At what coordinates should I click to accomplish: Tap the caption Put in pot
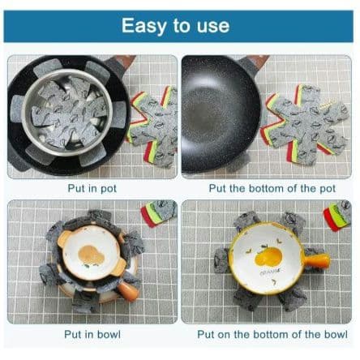(92, 189)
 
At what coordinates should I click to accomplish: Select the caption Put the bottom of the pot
(272, 188)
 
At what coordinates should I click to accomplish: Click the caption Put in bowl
(92, 334)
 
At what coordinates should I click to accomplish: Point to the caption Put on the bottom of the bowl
(272, 334)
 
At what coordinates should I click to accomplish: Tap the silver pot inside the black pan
(67, 113)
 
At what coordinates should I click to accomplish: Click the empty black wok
(221, 114)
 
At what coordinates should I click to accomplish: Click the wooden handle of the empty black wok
(258, 61)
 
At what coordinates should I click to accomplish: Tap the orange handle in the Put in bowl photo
(128, 290)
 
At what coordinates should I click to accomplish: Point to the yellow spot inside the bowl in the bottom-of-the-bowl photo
(268, 257)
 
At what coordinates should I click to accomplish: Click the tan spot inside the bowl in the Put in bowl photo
(91, 255)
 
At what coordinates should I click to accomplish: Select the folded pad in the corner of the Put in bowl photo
(159, 212)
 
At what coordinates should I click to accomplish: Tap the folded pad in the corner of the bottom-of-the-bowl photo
(338, 216)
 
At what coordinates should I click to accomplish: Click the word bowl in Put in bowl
(109, 334)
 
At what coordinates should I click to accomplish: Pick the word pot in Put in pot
(109, 189)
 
